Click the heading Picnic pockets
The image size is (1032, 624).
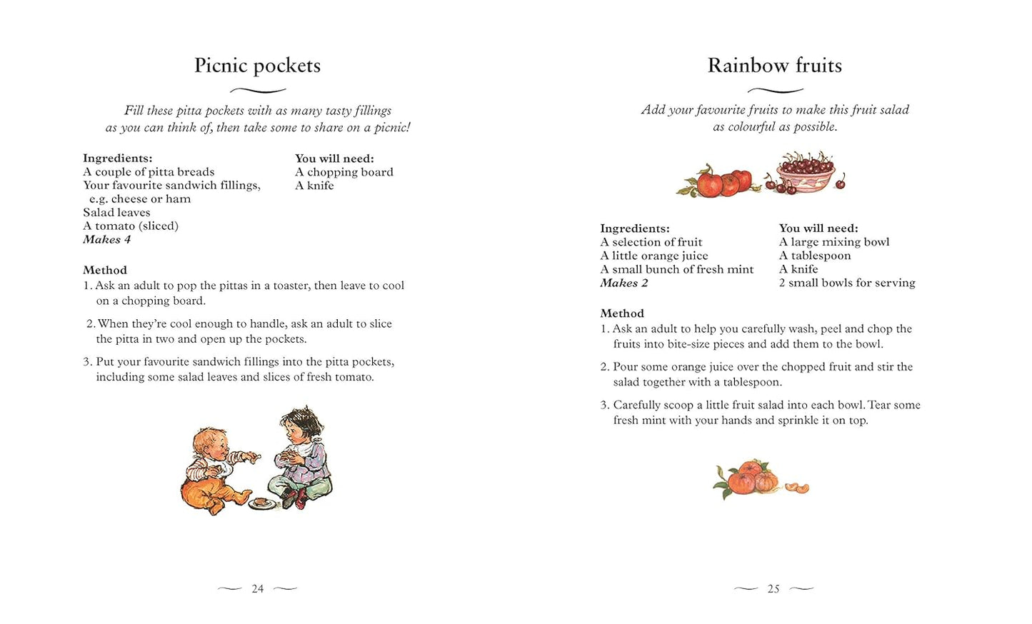point(257,66)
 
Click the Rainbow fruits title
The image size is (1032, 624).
point(774,66)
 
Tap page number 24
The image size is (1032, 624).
point(258,589)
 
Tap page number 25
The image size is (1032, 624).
point(773,589)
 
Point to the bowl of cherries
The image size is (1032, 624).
point(806,173)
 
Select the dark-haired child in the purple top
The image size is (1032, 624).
point(300,453)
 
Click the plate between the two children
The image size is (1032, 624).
point(262,503)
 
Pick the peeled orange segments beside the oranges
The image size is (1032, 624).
point(797,488)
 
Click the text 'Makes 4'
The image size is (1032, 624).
point(106,240)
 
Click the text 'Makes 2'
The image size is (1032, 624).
point(623,283)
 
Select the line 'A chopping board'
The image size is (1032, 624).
point(344,172)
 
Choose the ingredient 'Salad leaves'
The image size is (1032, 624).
point(116,213)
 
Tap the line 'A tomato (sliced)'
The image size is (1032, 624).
point(130,226)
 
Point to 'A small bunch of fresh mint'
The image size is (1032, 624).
point(676,270)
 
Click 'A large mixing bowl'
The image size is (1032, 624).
point(833,242)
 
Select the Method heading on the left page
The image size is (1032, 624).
point(105,271)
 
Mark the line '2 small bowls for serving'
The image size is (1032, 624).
point(846,283)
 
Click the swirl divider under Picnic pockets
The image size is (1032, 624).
point(258,91)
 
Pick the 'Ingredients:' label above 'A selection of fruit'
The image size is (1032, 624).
point(634,229)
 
